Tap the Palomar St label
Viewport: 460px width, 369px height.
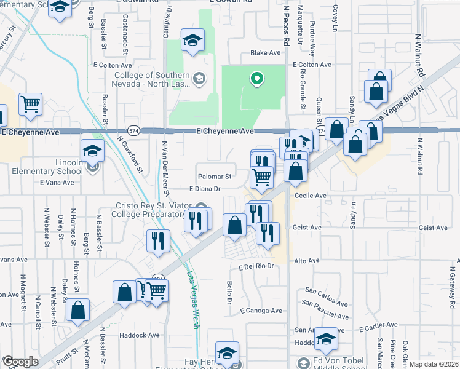click(x=213, y=176)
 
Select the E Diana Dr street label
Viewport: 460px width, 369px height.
click(x=205, y=189)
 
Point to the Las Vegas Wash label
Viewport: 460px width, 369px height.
click(x=193, y=300)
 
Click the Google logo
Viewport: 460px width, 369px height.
click(x=20, y=362)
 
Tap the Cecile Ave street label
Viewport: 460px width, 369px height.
click(x=311, y=196)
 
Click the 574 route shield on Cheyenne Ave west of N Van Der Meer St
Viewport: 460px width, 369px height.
click(x=133, y=130)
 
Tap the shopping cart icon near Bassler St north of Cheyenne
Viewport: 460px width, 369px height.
click(x=30, y=104)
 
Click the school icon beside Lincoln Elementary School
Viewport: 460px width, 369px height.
click(x=92, y=151)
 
